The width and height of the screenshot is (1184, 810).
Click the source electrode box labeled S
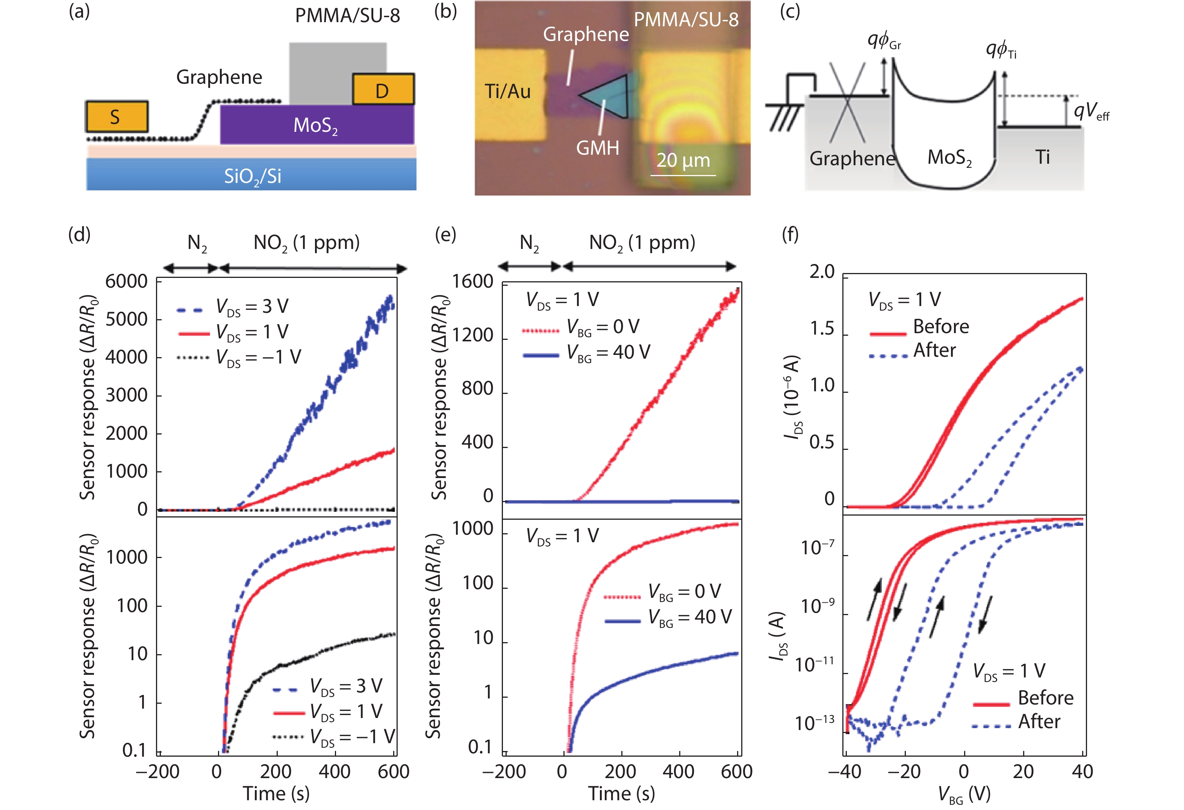117,116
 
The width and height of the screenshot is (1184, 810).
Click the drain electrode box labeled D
383,90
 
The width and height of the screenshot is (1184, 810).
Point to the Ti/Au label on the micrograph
507,92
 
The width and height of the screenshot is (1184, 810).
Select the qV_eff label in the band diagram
1091,111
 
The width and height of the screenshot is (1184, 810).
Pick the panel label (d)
79,235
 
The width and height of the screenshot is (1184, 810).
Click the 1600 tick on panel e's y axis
473,282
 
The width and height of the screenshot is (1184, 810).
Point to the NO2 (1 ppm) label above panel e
642,243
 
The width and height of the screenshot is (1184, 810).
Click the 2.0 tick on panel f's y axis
822,272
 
